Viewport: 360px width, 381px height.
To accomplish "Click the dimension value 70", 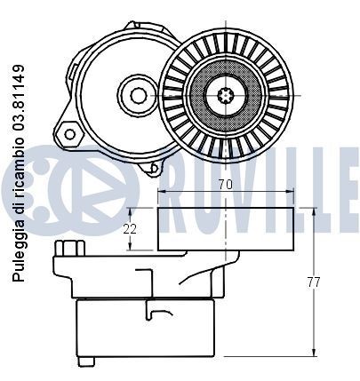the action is click(x=226, y=185).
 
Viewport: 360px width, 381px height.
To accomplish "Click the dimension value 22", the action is click(x=130, y=229).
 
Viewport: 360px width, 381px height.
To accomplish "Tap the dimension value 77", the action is click(x=313, y=282).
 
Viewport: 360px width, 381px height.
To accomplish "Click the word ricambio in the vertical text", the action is click(x=18, y=167).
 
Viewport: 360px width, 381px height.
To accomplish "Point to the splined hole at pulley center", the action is click(x=226, y=95).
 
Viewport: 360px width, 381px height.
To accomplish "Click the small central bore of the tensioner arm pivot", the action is click(x=139, y=95).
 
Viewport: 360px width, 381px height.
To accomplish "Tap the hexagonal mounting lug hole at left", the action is click(x=70, y=134).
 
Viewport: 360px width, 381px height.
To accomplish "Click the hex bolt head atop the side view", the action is click(x=70, y=248).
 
